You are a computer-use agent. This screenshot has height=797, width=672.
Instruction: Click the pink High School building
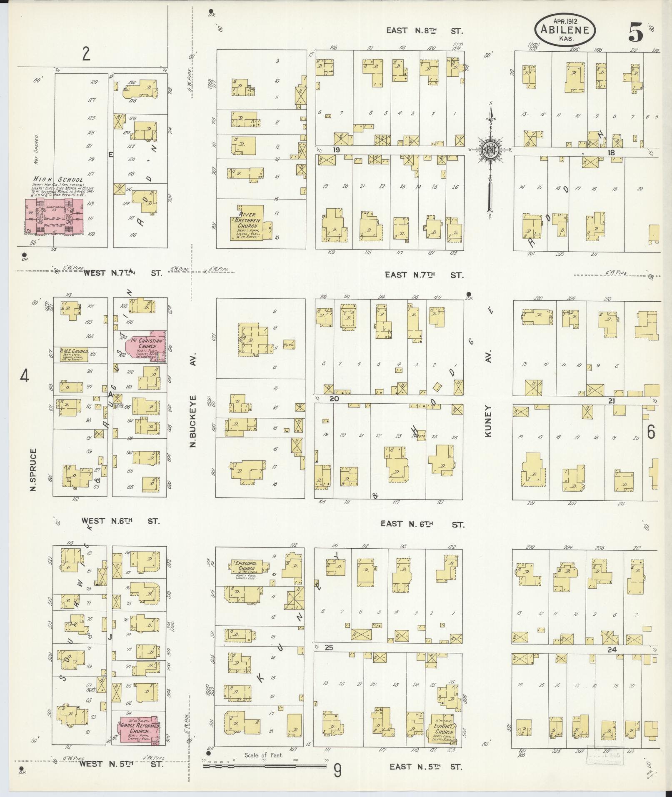click(x=53, y=216)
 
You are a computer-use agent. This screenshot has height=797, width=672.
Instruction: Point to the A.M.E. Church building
click(x=73, y=354)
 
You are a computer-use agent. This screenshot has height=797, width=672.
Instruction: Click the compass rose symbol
click(x=491, y=149)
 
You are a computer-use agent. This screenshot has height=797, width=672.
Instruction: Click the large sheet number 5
click(x=635, y=31)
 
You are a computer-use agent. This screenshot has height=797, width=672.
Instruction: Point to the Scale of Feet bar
click(x=265, y=765)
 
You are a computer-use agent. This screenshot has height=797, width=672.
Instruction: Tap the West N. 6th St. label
click(x=120, y=521)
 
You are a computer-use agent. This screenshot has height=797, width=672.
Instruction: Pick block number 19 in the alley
click(x=337, y=149)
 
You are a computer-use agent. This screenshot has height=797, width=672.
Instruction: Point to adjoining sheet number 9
click(x=337, y=771)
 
